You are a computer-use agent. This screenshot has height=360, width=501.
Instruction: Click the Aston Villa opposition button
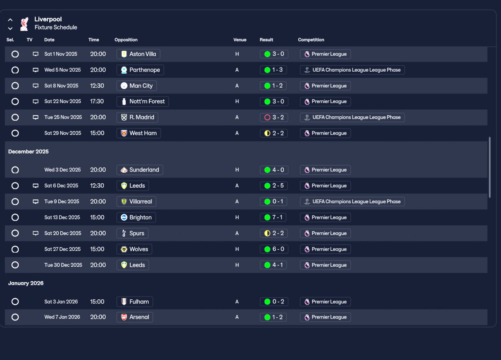pyautogui.click(x=138, y=54)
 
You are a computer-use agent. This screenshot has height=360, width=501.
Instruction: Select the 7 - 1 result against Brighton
pyautogui.click(x=274, y=217)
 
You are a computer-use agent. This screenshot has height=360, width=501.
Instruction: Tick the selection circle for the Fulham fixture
pyautogui.click(x=15, y=302)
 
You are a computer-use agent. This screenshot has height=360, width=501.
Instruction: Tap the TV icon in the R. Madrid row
pyautogui.click(x=36, y=117)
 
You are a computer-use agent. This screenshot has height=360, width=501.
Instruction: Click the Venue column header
pyautogui.click(x=240, y=40)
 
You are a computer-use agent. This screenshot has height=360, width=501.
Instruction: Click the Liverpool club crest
pyautogui.click(x=24, y=24)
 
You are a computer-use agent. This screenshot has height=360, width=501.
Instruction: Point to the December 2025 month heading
pyautogui.click(x=28, y=152)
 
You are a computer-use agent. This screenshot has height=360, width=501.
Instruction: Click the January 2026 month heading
pyautogui.click(x=26, y=283)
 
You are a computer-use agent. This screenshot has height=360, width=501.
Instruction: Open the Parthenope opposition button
pyautogui.click(x=140, y=70)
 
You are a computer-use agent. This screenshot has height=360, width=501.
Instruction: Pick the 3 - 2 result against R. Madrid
pyautogui.click(x=274, y=117)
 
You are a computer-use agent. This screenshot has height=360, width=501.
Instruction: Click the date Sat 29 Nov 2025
pyautogui.click(x=63, y=133)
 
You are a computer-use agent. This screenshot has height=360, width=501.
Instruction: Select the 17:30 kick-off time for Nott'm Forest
pyautogui.click(x=97, y=101)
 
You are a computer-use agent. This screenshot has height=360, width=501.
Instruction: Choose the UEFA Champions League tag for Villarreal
pyautogui.click(x=352, y=202)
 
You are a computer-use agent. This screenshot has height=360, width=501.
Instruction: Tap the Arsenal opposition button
pyautogui.click(x=135, y=317)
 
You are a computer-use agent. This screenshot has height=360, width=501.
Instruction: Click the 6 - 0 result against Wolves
pyautogui.click(x=274, y=249)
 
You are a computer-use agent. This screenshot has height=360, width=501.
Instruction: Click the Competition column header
pyautogui.click(x=311, y=40)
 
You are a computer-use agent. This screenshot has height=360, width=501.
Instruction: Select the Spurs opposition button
pyautogui.click(x=132, y=233)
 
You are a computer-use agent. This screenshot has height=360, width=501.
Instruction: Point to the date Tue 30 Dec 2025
pyautogui.click(x=63, y=265)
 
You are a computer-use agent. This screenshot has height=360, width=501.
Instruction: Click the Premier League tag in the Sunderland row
pyautogui.click(x=325, y=170)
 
